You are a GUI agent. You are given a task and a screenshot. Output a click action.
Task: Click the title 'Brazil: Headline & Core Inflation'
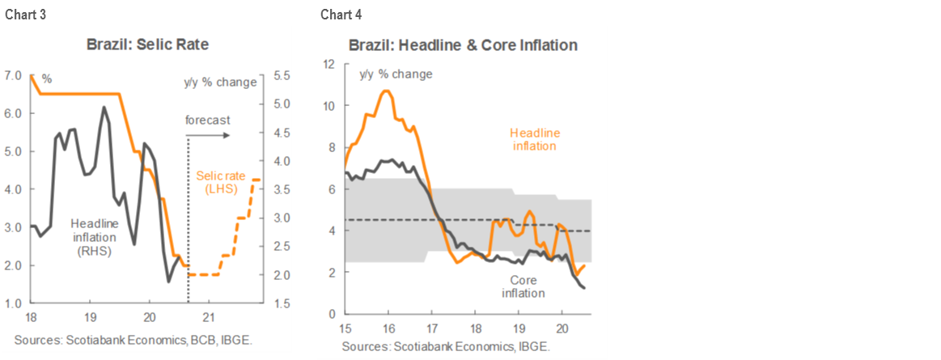463,45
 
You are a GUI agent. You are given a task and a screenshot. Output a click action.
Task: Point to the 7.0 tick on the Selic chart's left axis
14,75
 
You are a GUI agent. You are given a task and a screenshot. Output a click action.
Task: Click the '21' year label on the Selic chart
210,316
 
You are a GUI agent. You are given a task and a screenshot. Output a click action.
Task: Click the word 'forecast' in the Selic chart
207,120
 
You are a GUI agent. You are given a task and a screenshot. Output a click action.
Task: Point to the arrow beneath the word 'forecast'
209,134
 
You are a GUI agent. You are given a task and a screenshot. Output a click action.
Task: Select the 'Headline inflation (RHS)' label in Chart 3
94,237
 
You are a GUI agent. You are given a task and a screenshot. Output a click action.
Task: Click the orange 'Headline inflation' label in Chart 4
534,139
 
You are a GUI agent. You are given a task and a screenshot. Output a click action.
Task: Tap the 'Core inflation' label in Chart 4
523,286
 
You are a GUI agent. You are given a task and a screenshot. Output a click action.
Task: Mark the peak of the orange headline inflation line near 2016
387,91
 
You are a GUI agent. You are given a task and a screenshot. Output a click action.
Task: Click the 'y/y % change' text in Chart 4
396,74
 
